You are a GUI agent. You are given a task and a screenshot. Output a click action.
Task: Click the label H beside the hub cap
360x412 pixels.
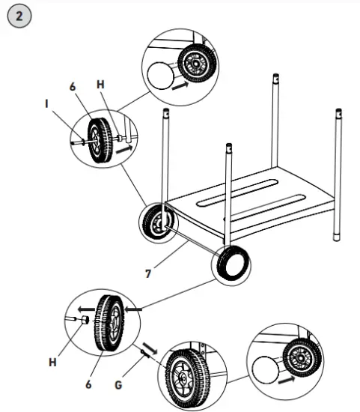coord(53,363)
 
